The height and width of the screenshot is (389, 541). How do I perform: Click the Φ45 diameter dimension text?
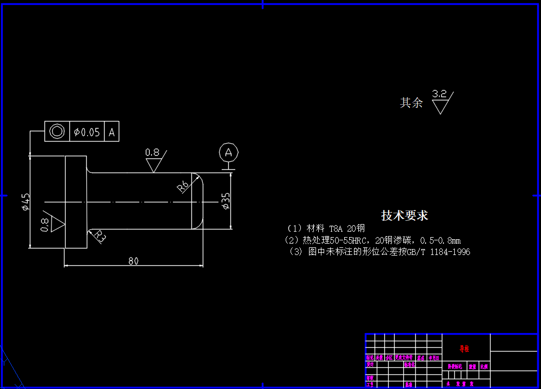tap(25, 201)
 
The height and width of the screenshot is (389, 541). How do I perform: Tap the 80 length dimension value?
tap(133, 261)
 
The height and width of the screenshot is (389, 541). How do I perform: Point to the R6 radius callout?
tap(183, 186)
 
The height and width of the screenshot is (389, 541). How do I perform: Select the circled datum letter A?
tap(229, 152)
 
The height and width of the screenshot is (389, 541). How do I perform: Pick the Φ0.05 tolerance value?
tap(87, 132)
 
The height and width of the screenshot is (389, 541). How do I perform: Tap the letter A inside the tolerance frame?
tap(112, 132)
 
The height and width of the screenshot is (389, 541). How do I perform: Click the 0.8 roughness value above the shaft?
tap(152, 152)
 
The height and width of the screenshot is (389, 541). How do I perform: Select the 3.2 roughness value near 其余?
tap(439, 94)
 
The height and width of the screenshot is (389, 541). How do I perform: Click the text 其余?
tap(411, 103)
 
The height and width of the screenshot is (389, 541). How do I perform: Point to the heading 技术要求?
tap(404, 215)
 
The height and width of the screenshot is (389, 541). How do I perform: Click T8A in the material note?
tap(336, 228)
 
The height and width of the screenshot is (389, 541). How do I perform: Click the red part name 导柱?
tap(465, 348)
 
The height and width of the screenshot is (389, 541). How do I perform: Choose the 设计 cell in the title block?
tap(370, 365)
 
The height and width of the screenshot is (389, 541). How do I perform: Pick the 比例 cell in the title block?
tap(484, 367)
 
